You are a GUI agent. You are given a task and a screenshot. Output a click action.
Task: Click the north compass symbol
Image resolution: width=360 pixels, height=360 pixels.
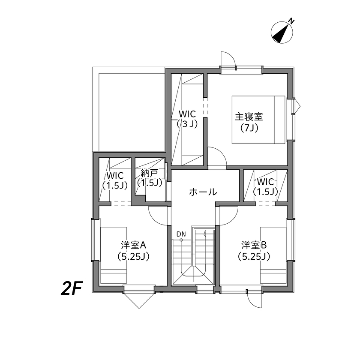[283, 33]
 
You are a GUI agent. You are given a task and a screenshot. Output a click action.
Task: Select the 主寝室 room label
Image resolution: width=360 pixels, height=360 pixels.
[249, 116]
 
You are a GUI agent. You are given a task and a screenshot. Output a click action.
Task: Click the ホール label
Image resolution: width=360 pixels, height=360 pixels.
[203, 192]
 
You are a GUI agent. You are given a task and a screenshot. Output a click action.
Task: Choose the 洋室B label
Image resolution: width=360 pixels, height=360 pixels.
[254, 246]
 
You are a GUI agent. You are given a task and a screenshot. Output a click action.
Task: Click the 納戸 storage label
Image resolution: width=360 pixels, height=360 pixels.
[149, 174]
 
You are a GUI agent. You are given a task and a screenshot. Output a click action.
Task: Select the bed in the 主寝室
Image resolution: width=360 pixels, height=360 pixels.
[258, 120]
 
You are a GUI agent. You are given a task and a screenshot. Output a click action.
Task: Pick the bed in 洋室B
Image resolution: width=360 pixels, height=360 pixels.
[273, 255]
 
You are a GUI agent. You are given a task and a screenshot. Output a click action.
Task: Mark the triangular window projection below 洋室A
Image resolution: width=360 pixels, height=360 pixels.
[138, 300]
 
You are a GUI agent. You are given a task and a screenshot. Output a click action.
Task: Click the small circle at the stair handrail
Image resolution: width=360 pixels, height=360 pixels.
[181, 240]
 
